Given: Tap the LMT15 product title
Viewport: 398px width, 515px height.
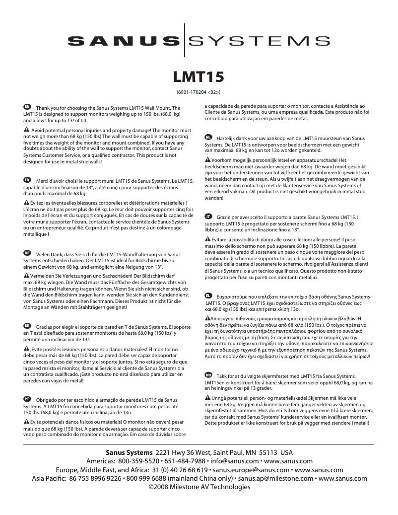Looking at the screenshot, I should (x=199, y=77).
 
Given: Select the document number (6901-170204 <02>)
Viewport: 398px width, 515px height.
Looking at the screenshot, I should (x=199, y=92).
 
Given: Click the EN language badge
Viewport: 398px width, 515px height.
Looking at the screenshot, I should (x=27, y=107).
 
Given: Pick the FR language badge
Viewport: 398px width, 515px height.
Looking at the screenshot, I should (x=27, y=179).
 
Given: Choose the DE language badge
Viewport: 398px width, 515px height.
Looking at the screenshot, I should (x=27, y=253).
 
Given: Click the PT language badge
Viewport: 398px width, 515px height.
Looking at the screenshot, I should (x=27, y=398).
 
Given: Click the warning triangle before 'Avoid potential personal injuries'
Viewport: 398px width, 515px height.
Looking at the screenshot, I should (x=26, y=129).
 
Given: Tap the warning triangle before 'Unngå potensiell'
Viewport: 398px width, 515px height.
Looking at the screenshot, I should (x=207, y=398).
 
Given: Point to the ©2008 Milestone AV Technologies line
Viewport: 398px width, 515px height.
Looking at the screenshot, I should (x=199, y=487).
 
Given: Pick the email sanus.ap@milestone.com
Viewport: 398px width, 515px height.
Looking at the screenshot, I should (x=275, y=479).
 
